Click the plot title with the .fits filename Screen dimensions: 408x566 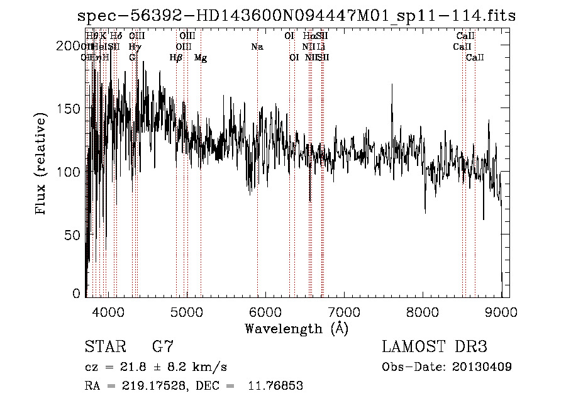(296, 16)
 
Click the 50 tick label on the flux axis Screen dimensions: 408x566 (74, 234)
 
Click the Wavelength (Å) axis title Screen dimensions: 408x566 (296, 328)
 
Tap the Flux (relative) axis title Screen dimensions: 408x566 (42, 165)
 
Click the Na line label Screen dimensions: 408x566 (257, 47)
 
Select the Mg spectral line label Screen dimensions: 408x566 (201, 58)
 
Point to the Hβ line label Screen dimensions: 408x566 (176, 58)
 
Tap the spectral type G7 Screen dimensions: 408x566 (162, 347)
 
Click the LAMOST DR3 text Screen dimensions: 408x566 (435, 347)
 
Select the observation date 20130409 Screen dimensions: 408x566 (484, 367)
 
